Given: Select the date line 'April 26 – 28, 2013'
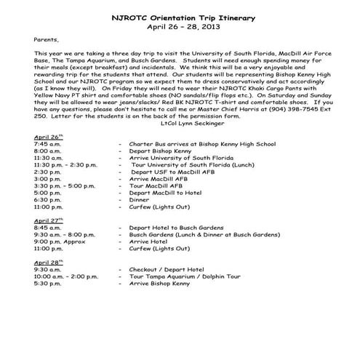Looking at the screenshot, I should coord(180,26).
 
